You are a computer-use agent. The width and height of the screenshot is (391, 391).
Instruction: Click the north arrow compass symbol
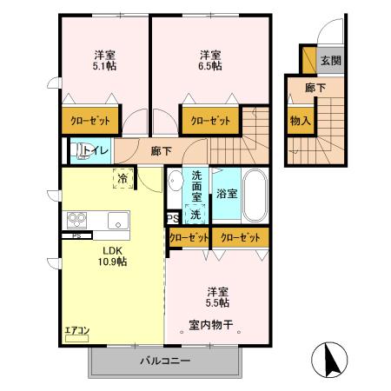tap(331, 359)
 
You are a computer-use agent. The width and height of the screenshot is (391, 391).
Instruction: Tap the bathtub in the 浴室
tap(254, 195)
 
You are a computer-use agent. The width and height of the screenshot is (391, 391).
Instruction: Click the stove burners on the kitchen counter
tap(75, 220)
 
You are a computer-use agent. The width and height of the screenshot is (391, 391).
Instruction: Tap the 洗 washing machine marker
tap(196, 214)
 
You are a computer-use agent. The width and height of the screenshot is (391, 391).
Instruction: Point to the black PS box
tap(171, 218)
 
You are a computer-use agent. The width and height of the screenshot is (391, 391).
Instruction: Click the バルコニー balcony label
tap(165, 361)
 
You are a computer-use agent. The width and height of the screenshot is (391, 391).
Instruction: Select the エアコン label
tap(77, 329)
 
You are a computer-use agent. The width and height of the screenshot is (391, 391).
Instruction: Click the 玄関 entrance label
tap(330, 61)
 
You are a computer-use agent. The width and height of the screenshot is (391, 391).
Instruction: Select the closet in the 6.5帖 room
tap(209, 121)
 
